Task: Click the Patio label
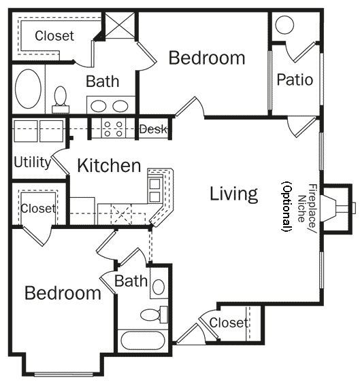pos(295,80)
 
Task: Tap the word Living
pos(233,194)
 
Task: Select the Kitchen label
pos(109,165)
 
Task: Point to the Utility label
pos(32,162)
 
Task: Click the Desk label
pos(153,129)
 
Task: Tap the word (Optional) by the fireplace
pos(287,207)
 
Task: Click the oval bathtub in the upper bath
pos(28,89)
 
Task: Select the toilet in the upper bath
pos(61,99)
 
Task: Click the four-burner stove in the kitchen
pos(113,129)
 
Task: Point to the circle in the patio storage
pos(284,24)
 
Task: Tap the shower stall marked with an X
pos(120,25)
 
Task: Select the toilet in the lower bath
pos(154,314)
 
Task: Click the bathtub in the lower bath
pos(143,341)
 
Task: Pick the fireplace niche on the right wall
pos(337,209)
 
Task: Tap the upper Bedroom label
pos(207,58)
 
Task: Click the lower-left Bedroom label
pos(63,293)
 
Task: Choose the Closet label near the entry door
pos(229,323)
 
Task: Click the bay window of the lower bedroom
pos(64,374)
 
